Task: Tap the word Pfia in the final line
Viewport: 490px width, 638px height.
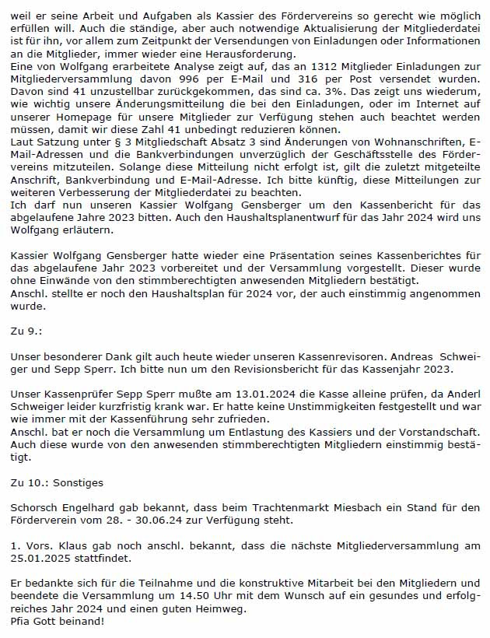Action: [22, 622]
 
